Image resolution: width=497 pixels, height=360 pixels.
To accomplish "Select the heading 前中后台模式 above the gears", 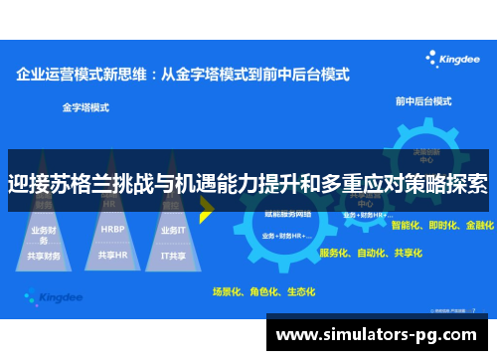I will (423, 100).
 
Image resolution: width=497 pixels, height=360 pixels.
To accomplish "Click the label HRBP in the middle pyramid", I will (111, 228).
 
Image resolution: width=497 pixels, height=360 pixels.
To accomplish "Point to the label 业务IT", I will (172, 229).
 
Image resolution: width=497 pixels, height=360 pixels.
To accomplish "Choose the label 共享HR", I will (111, 255).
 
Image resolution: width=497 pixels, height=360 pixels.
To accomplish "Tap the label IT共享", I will (173, 255).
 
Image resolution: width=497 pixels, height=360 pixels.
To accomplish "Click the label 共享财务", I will (45, 256).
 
